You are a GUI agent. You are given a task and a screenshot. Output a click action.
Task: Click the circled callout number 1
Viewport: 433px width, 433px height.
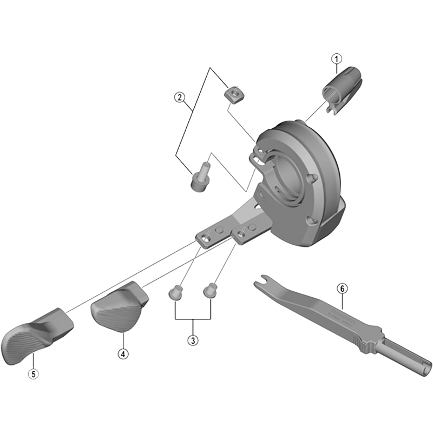[337, 58]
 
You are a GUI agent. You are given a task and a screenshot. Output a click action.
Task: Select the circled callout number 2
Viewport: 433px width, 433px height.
[180, 97]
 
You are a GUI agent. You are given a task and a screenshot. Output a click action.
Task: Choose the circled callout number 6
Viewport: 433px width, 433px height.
[342, 288]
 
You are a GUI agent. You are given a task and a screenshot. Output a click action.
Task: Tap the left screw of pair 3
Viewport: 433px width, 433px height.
[175, 293]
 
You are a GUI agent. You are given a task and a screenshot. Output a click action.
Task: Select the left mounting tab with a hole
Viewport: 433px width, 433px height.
[206, 238]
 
